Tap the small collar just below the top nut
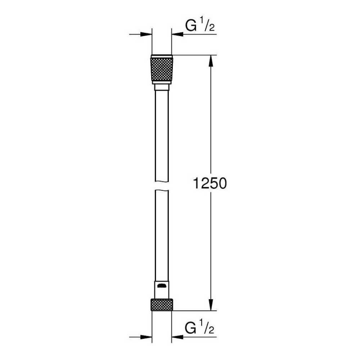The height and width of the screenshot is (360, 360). coord(162,87)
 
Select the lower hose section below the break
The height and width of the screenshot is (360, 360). coord(162,234)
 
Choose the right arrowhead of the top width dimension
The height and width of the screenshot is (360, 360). coord(177,35)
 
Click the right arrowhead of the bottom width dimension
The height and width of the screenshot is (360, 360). coord(177,337)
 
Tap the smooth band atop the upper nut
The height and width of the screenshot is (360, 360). coord(162,57)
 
